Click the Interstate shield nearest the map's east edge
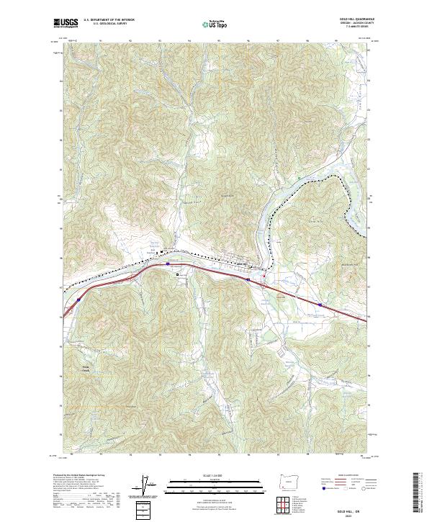[x=320, y=305]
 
